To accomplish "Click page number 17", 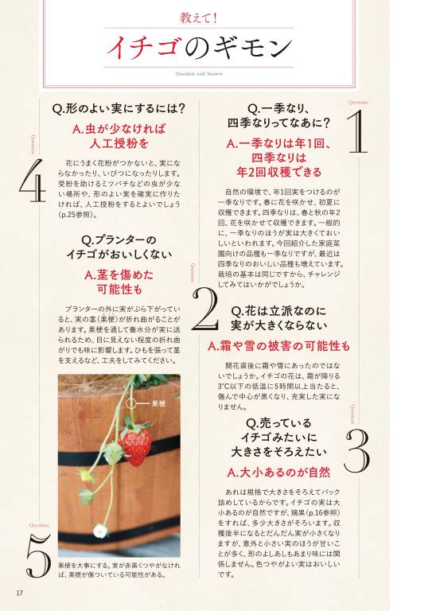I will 19,592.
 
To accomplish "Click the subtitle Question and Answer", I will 216,72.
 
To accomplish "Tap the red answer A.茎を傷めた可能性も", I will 119,282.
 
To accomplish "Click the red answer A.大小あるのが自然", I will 278,473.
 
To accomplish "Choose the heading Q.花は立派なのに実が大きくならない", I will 278,317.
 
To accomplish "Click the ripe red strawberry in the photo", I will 136,445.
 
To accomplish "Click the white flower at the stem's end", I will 100,530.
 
